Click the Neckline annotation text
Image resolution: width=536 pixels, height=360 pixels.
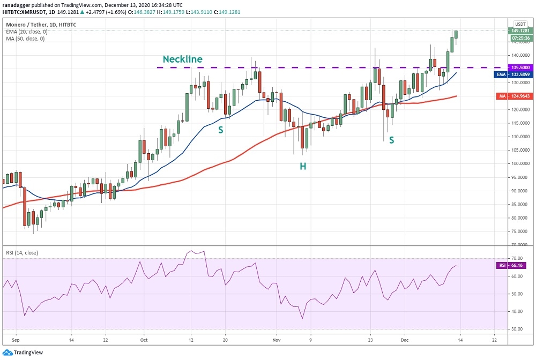point(182,59)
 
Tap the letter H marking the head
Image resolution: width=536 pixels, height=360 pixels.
point(303,167)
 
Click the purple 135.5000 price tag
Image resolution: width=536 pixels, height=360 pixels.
point(521,68)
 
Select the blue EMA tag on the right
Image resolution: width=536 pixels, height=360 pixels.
point(500,74)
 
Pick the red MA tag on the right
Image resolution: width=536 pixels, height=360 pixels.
point(501,96)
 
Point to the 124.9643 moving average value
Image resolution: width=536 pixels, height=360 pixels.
point(521,96)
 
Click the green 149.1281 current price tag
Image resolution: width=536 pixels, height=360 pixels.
point(521,31)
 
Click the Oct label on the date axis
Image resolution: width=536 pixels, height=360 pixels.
point(144,340)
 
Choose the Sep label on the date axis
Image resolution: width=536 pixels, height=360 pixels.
point(15,340)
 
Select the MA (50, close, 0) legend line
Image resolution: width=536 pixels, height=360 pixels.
point(26,39)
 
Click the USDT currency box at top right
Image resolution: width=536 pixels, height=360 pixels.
point(520,24)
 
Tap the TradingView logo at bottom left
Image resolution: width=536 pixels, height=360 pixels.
point(25,352)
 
